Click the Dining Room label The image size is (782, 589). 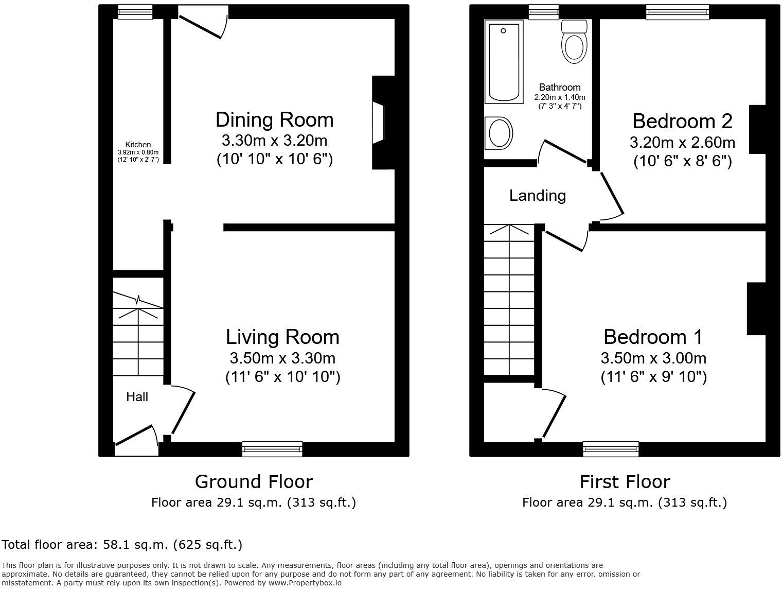click(274, 119)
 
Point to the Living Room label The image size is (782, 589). click(282, 337)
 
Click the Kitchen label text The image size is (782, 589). click(138, 145)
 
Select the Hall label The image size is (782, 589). click(137, 396)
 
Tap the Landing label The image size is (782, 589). click(537, 196)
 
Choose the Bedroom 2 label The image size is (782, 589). click(682, 121)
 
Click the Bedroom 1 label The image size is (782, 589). click(653, 337)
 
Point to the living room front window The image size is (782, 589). click(272, 449)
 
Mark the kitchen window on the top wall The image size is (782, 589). click(135, 12)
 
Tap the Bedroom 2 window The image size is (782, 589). click(678, 12)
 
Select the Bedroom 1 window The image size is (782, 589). click(611, 449)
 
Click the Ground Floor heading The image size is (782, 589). click(254, 482)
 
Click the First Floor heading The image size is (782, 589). click(625, 482)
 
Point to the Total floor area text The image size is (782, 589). click(122, 544)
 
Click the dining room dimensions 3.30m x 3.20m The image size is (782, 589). click(274, 140)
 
